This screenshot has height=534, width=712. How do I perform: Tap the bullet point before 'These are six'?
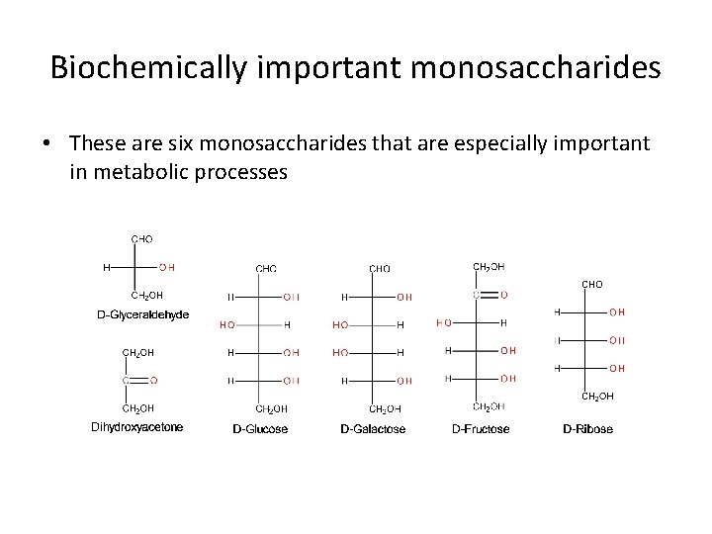[x=46, y=144]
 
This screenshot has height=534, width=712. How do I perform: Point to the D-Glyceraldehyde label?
[x=142, y=314]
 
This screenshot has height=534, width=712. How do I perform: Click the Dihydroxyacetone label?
[x=137, y=427]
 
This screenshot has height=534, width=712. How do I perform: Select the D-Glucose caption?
[x=260, y=428]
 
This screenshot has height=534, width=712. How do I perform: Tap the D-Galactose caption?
[x=373, y=428]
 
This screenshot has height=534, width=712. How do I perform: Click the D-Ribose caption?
[x=587, y=428]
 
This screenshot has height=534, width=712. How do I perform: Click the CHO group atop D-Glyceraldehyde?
[x=142, y=238]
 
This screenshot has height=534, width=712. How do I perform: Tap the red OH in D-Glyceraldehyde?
[x=166, y=266]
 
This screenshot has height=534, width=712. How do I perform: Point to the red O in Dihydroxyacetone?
[x=153, y=379]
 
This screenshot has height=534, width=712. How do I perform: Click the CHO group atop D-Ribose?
[x=591, y=284]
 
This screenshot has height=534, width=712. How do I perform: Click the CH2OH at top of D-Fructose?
[x=489, y=266]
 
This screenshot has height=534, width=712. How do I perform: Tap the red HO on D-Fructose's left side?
[x=444, y=321]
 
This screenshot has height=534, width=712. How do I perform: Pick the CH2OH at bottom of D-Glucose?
[x=272, y=407]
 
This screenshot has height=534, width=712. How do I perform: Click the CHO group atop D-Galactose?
[x=380, y=268]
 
